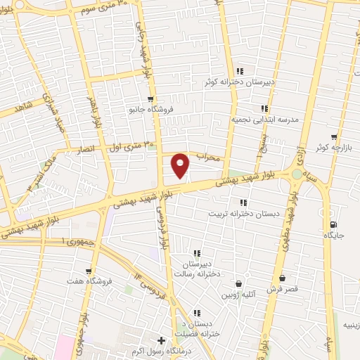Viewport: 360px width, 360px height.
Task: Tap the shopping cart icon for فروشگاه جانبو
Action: tap(150, 99)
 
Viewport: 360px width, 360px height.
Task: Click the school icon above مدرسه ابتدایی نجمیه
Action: tap(264, 108)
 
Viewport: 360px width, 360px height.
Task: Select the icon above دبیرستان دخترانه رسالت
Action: tap(197, 253)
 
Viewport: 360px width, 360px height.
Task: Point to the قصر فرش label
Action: tap(282, 289)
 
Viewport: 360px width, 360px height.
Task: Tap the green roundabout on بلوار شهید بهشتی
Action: tap(297, 174)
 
